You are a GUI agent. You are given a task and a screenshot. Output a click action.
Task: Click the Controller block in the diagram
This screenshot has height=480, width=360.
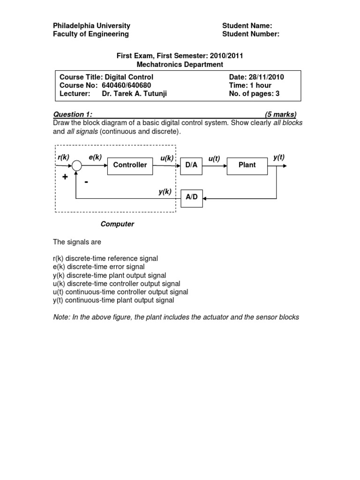tap(130, 165)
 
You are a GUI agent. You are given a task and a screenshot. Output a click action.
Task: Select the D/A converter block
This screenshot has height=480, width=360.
tap(191, 165)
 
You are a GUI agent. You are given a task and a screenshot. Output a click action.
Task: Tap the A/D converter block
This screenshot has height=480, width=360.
tap(191, 197)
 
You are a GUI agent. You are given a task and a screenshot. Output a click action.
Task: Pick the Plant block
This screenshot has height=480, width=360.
tap(247, 165)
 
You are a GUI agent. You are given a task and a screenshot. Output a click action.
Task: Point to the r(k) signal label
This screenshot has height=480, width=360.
tap(63, 157)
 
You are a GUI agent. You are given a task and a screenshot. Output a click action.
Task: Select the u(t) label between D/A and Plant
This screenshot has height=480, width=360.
tap(214, 159)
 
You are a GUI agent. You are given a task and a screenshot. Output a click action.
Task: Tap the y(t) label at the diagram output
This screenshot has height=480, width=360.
tap(279, 157)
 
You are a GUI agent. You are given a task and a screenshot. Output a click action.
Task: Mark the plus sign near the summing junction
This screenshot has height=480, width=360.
tap(65, 177)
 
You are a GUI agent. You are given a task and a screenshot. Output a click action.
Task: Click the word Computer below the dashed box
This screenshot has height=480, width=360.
tap(117, 224)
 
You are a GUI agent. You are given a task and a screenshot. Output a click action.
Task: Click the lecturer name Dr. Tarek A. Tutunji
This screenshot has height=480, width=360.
tap(135, 94)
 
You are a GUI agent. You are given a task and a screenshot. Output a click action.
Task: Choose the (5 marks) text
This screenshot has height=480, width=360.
tap(280, 114)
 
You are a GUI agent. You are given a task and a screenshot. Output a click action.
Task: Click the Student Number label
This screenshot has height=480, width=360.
tap(251, 34)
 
